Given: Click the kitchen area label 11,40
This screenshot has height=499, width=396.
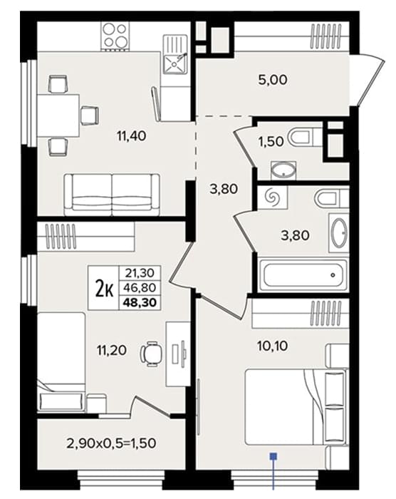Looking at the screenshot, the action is (x=132, y=136).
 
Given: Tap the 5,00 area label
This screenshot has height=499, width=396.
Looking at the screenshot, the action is (x=273, y=80).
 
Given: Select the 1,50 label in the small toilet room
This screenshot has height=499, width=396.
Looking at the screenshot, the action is (x=271, y=142).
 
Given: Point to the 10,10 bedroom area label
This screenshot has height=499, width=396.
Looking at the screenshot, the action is (x=273, y=346).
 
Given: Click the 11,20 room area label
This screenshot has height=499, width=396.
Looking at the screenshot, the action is (x=112, y=350).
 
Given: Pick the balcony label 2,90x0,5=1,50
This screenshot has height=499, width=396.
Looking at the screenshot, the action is (x=111, y=443).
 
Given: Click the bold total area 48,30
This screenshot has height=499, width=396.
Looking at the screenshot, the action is (x=140, y=302).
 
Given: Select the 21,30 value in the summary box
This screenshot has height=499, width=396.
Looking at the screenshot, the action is (x=140, y=273).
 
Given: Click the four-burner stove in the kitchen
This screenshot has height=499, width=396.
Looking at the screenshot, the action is (x=115, y=36).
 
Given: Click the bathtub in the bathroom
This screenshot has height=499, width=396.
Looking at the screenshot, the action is (x=303, y=275).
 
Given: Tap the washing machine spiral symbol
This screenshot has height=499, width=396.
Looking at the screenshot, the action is (x=273, y=197).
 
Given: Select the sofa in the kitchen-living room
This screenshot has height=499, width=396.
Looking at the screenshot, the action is (x=112, y=195).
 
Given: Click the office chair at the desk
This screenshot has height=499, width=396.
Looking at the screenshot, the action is (x=151, y=354).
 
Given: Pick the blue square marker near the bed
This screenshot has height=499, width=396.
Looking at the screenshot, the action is (x=273, y=456).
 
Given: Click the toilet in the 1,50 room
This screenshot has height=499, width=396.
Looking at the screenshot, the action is (x=304, y=138).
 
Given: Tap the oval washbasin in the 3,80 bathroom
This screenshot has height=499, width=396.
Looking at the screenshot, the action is (x=338, y=232).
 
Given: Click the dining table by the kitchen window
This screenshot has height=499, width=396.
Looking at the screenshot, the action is (x=58, y=115).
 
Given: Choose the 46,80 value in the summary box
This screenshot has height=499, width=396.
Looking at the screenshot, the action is (x=140, y=288).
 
